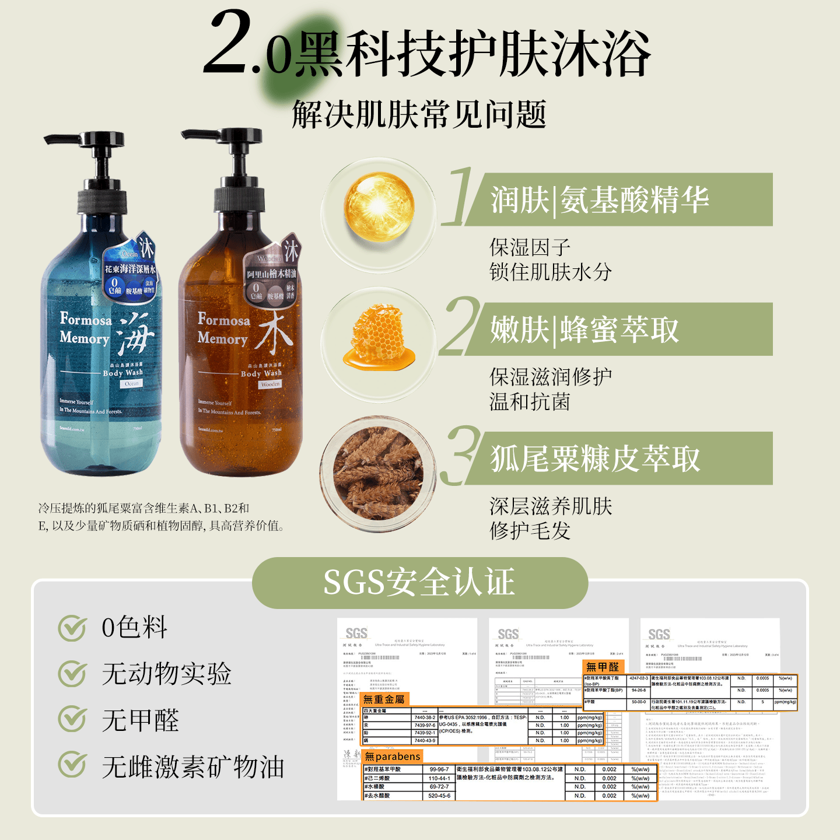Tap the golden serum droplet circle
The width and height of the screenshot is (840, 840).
click(x=379, y=207)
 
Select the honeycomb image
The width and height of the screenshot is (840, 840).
click(x=379, y=338)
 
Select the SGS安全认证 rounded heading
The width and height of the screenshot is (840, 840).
click(x=419, y=582)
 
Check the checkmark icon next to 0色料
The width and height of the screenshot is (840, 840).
click(x=72, y=628)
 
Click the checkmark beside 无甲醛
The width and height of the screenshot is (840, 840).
click(x=72, y=719)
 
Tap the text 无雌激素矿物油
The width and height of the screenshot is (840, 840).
click(x=192, y=766)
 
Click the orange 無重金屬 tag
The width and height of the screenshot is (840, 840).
click(x=384, y=699)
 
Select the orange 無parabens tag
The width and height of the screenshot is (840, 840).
click(x=392, y=757)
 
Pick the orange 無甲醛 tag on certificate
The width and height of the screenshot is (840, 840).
click(x=603, y=666)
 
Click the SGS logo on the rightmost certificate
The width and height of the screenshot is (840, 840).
click(x=659, y=634)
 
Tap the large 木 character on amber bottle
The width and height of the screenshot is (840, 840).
click(x=273, y=332)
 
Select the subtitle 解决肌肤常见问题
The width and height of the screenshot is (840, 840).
click(x=419, y=114)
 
